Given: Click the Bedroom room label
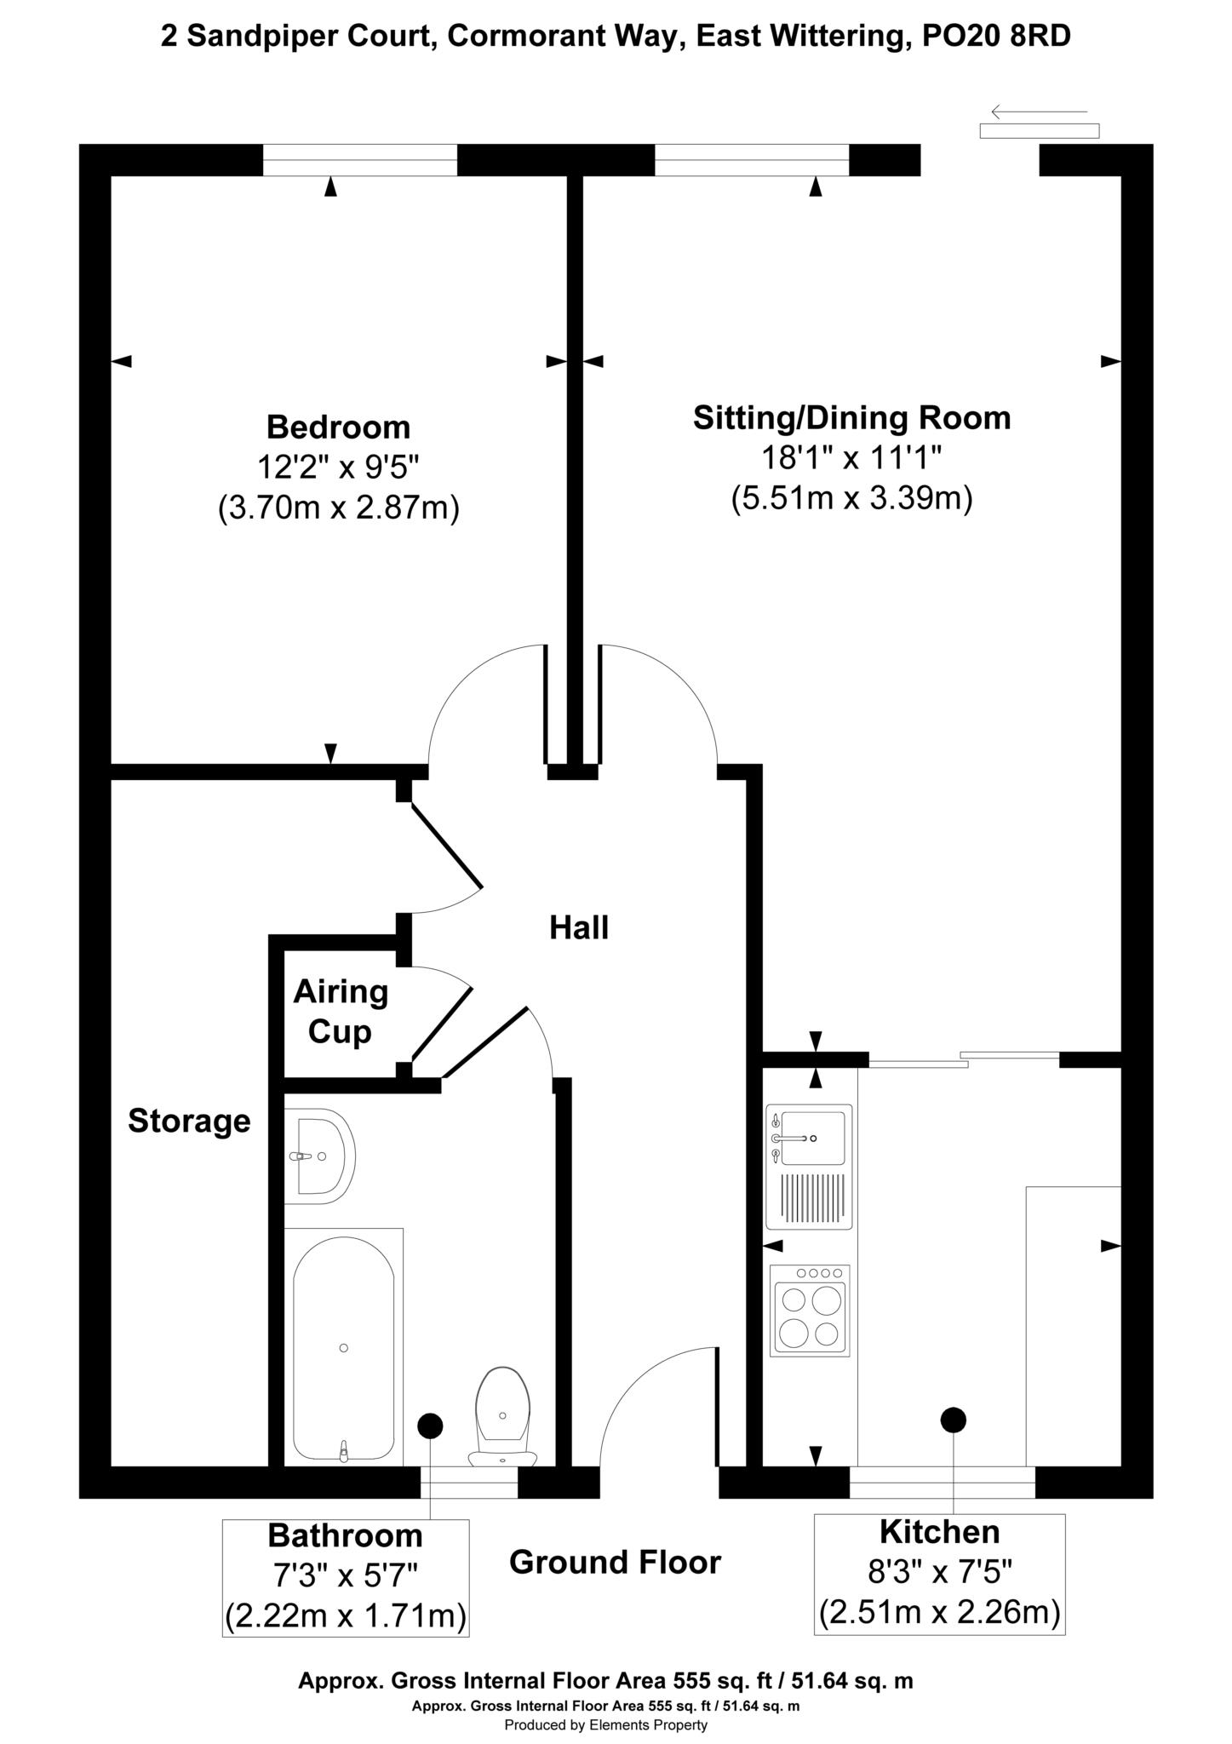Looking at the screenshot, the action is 338,427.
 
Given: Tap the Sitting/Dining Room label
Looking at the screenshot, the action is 851,418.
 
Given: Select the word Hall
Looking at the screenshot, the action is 579,927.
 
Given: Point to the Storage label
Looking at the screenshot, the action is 189,1121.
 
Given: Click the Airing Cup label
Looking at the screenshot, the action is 341,1012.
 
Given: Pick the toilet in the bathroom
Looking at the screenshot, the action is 503,1418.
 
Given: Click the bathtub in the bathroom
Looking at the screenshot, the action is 344,1347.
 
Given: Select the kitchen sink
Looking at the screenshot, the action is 809,1167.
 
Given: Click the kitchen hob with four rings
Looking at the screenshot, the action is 810,1311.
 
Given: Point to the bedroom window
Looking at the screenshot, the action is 360,160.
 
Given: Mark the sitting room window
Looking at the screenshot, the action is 752,160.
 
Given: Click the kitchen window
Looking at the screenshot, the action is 943,1482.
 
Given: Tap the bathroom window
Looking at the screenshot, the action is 469,1482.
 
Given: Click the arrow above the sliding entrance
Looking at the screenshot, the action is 1040,112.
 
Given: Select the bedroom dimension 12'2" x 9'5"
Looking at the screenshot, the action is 339,467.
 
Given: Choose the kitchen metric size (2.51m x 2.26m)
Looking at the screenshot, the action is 940,1612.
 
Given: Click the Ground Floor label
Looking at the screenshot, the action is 615,1562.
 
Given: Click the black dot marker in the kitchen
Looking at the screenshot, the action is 953,1420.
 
